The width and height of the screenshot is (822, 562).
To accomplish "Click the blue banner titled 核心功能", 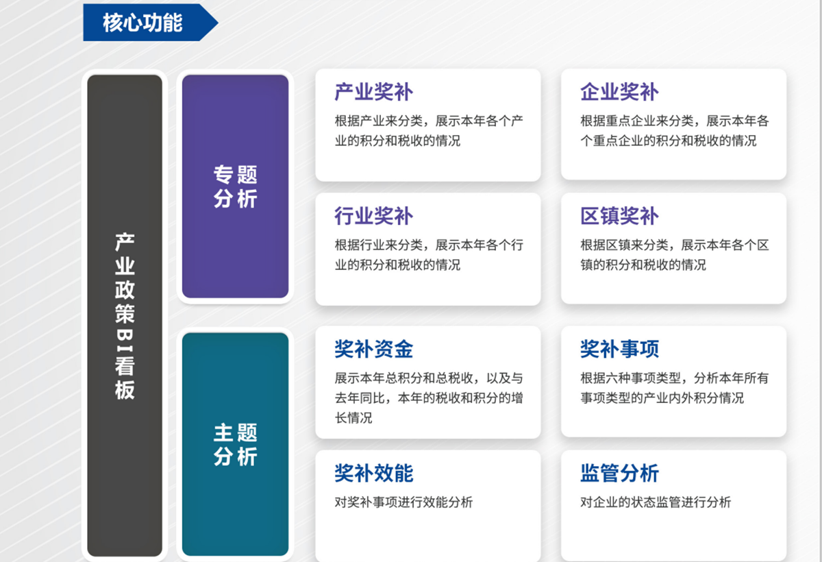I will [144, 23].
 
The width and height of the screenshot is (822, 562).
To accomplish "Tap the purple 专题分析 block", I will [235, 186].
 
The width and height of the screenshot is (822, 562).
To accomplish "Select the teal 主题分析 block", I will [235, 444].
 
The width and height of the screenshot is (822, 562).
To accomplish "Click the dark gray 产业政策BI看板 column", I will [125, 315].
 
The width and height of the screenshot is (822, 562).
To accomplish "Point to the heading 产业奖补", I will [373, 92].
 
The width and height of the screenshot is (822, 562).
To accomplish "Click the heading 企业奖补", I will [619, 92].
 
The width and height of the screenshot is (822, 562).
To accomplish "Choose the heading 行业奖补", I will [373, 216].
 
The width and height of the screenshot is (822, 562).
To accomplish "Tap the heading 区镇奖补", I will [619, 216].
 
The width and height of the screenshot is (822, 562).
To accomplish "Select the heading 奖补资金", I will [373, 349].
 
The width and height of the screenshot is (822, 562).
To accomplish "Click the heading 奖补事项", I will [619, 349].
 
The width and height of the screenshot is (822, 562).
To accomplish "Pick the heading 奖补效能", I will [373, 473].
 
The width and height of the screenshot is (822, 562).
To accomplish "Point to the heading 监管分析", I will [619, 473].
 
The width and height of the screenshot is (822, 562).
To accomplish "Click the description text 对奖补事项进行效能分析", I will [403, 502].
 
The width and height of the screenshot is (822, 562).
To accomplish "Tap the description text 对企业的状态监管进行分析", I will [656, 502].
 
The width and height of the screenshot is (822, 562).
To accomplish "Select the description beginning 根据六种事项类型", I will [674, 387].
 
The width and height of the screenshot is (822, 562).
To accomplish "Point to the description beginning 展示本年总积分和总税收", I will [429, 397].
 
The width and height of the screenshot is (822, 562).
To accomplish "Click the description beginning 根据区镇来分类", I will [674, 254].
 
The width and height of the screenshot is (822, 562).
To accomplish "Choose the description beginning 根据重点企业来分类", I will [674, 131].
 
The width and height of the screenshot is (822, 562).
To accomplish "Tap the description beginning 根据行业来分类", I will [429, 254].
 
